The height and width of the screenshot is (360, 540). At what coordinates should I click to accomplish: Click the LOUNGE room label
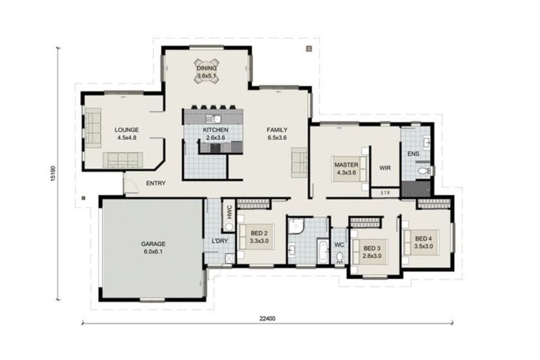[127, 130]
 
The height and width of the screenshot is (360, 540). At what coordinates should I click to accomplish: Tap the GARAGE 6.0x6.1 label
[153, 247]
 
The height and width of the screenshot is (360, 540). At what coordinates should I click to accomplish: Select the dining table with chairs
[207, 71]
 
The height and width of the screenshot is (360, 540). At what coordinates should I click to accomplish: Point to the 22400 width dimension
[267, 319]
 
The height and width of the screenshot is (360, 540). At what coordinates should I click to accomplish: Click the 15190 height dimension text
[53, 174]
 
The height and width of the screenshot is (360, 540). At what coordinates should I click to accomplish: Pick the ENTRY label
[155, 184]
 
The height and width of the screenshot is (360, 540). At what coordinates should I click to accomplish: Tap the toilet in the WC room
[340, 257]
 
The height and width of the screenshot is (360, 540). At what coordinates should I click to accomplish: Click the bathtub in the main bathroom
[323, 252]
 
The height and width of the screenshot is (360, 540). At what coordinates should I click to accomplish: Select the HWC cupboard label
[229, 212]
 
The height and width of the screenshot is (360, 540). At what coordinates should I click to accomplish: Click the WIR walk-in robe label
[385, 168]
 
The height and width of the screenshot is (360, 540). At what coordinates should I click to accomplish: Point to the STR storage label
[385, 193]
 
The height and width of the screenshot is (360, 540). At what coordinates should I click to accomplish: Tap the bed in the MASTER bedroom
[349, 169]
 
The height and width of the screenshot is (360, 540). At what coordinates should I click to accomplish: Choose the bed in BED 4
[422, 243]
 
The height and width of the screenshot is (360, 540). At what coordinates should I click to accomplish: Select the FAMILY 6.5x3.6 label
[277, 134]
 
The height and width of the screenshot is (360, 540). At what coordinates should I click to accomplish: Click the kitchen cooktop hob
[216, 148]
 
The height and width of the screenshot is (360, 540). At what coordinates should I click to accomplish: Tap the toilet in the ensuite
[424, 171]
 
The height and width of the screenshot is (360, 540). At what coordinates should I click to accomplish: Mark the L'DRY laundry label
[219, 240]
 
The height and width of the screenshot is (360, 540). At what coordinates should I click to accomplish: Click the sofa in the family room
[299, 162]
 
